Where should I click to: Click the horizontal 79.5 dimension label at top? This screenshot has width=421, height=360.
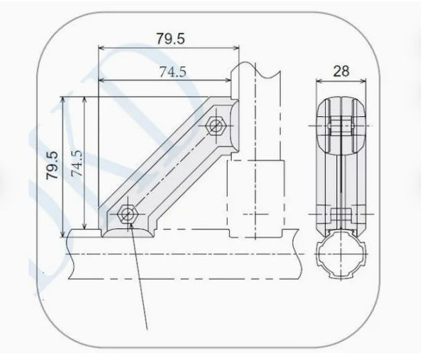(170, 39)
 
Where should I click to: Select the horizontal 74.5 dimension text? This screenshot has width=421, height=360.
(173, 72)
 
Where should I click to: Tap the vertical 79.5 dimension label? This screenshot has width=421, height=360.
(52, 165)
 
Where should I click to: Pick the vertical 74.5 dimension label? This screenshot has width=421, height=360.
(77, 163)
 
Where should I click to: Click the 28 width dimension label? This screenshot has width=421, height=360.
(341, 71)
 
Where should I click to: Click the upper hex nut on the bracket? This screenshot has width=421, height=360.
(216, 126)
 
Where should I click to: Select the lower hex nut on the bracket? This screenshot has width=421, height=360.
(128, 214)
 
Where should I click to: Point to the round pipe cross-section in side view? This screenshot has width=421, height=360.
(341, 254)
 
